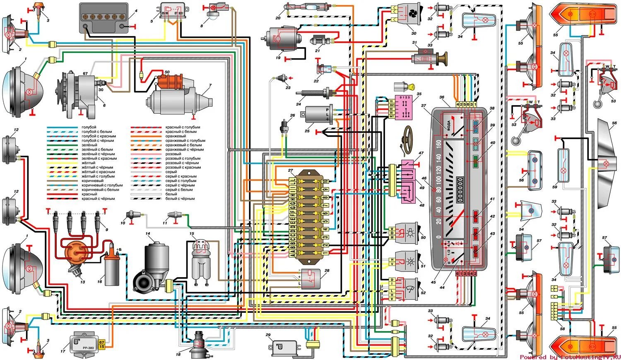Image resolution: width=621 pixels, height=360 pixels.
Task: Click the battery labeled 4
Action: pyautogui.click(x=104, y=18)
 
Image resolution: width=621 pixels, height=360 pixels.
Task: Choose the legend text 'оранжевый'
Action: pyautogui.click(x=176, y=136)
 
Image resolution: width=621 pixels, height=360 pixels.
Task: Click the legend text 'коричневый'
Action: pyautogui.click(x=92, y=181)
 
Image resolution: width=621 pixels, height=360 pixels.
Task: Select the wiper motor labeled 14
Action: pyautogui.click(x=152, y=269)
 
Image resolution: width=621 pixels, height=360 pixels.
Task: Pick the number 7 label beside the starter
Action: pyautogui.click(x=210, y=86)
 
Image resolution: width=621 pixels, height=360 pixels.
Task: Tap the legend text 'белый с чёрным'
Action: pyautogui.click(x=180, y=199)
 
